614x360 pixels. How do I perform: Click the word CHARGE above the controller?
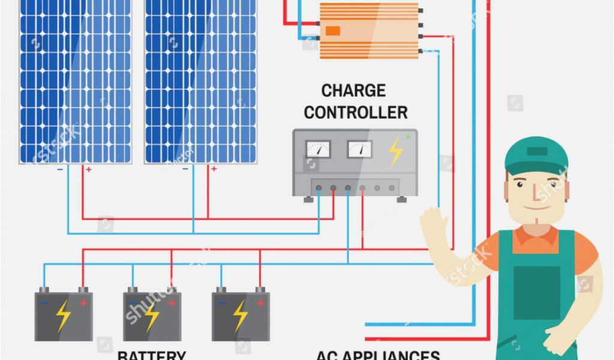[x=353, y=91]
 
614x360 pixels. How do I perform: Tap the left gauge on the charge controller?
[x=318, y=149]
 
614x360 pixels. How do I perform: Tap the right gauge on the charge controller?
[x=360, y=149]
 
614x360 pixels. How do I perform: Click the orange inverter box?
[x=369, y=30]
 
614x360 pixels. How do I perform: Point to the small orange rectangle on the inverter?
[x=333, y=31]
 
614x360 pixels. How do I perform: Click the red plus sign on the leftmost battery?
[x=83, y=303]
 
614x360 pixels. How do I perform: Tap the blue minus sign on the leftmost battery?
[x=44, y=303]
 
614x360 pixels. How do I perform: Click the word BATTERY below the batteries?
[x=152, y=355]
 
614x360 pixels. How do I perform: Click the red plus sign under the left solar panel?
[x=89, y=170]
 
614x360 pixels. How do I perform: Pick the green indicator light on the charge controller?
[x=408, y=137]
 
